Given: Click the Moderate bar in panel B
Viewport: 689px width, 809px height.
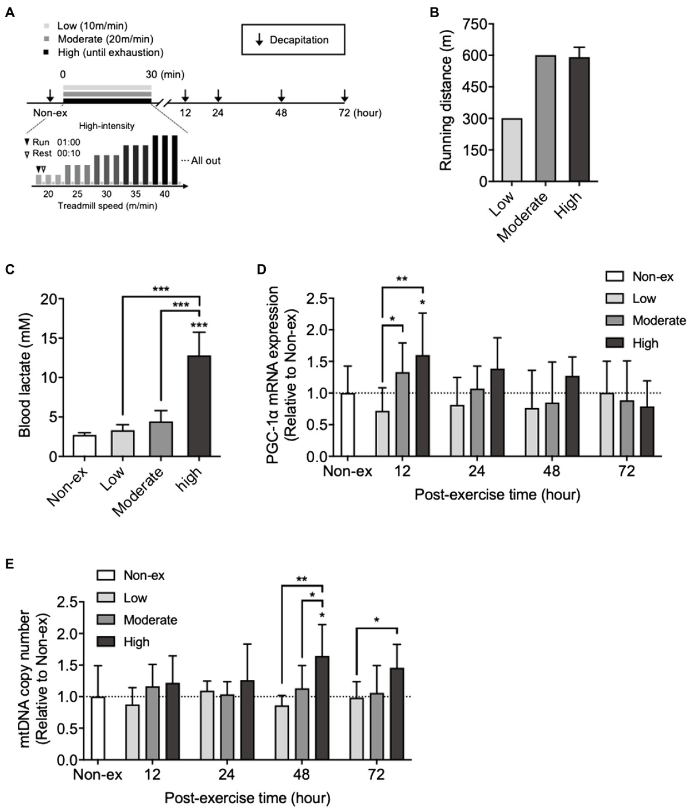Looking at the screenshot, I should click(546, 119).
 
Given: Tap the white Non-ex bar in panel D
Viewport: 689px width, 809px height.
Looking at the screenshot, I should click(347, 425).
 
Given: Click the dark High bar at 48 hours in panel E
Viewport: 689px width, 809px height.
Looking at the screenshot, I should click(323, 708).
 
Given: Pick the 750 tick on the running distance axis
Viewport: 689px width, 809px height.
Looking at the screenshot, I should click(474, 25).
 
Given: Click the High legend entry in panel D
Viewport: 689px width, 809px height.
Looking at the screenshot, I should click(645, 343).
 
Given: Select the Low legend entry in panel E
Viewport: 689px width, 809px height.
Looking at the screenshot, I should click(135, 598).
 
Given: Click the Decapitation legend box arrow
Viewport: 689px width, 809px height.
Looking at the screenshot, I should click(259, 40).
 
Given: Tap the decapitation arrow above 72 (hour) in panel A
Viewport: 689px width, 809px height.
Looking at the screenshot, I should click(344, 95).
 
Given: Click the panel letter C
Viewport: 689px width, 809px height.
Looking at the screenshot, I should click(9, 269).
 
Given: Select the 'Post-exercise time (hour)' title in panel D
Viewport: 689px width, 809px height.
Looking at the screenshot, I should click(497, 494).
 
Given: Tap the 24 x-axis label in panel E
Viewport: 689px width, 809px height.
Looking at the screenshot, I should click(226, 775).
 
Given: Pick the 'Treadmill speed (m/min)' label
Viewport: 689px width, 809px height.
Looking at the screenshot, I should click(107, 206).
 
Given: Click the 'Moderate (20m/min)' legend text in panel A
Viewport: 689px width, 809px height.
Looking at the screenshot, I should click(105, 39).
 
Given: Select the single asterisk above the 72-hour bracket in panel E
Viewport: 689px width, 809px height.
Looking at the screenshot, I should click(376, 620).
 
